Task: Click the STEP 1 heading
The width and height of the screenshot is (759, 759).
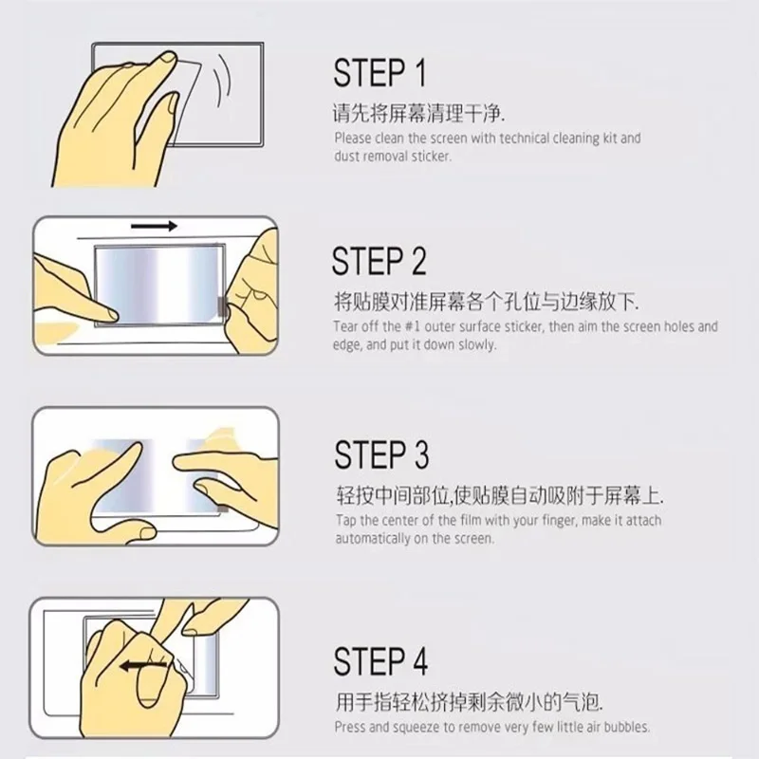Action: (380, 73)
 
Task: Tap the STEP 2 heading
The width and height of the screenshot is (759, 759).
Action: (379, 261)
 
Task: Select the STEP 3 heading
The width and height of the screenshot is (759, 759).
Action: (381, 454)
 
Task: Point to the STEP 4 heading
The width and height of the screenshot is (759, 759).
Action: (380, 661)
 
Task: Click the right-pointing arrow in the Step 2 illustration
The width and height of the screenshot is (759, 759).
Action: (154, 226)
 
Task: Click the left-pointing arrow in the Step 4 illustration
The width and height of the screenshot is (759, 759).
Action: (144, 667)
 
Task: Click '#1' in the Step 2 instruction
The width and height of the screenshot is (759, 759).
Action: (413, 326)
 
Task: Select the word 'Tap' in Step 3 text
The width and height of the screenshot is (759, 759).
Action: (345, 521)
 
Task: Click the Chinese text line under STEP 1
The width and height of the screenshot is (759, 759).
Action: (418, 114)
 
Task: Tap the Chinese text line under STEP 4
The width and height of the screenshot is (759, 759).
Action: (469, 702)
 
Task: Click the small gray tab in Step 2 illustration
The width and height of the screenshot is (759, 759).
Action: (222, 306)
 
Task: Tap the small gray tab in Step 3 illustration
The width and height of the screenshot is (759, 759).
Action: (223, 509)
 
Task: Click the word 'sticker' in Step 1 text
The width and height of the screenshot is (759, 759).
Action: (432, 157)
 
